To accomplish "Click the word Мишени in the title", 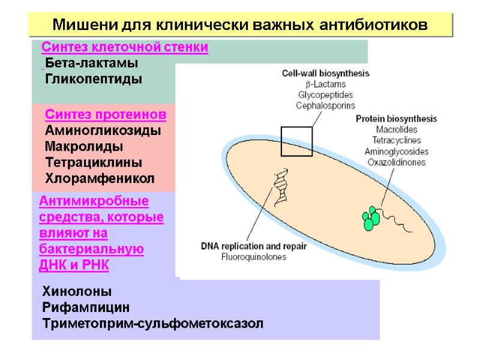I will tap(79, 25).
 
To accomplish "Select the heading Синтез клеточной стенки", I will tap(125, 47).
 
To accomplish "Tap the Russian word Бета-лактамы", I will tap(91, 63).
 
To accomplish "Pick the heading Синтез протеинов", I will tap(106, 115).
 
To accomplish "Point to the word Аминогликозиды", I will tap(103, 130).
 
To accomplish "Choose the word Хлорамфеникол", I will tap(100, 178).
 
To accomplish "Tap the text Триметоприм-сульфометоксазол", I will tap(152, 324).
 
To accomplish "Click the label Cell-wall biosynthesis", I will tap(326, 73).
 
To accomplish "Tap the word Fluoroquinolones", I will tap(254, 257).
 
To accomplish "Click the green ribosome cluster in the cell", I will tap(371, 218).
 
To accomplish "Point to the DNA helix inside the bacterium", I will tap(280, 187).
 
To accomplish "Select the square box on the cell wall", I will tap(297, 142).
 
